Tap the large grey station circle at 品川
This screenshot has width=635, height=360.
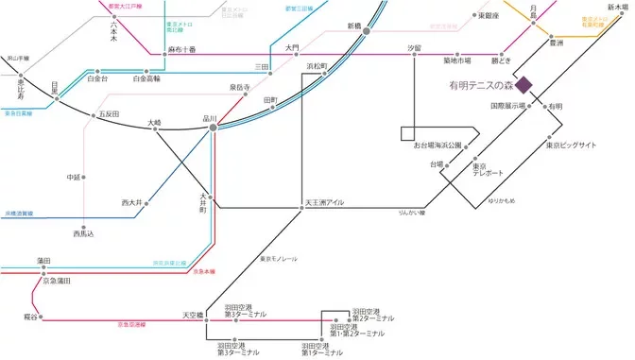[214, 127]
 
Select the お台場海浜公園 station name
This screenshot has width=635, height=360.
[437, 146]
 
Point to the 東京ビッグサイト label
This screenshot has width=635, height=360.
[572, 146]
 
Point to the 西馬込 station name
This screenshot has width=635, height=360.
[85, 232]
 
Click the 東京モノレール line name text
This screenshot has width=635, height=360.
[279, 258]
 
